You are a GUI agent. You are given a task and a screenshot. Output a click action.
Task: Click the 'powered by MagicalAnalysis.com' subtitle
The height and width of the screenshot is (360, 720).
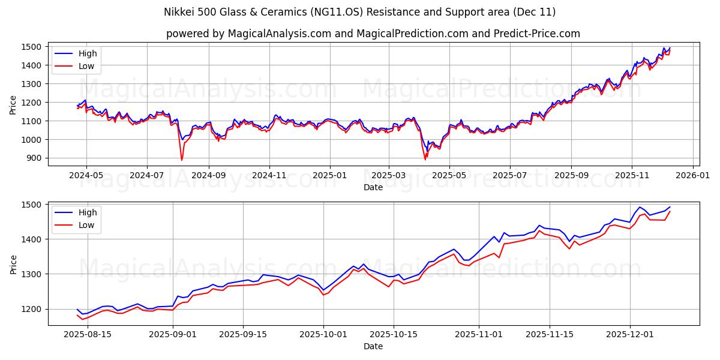373,34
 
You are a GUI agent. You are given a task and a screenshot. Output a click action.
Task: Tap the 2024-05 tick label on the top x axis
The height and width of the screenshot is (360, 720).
86,176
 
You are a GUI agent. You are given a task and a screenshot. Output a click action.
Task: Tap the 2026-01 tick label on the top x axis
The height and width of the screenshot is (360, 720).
692,176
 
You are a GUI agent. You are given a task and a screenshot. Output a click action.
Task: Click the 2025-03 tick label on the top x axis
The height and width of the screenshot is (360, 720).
388,176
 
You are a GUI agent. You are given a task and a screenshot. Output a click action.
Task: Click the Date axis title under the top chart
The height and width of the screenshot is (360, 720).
373,187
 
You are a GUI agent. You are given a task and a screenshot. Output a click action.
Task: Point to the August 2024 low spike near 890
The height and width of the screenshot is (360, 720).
182,160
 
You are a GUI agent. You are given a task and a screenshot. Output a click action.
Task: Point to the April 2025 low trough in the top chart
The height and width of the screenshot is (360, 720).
425,159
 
